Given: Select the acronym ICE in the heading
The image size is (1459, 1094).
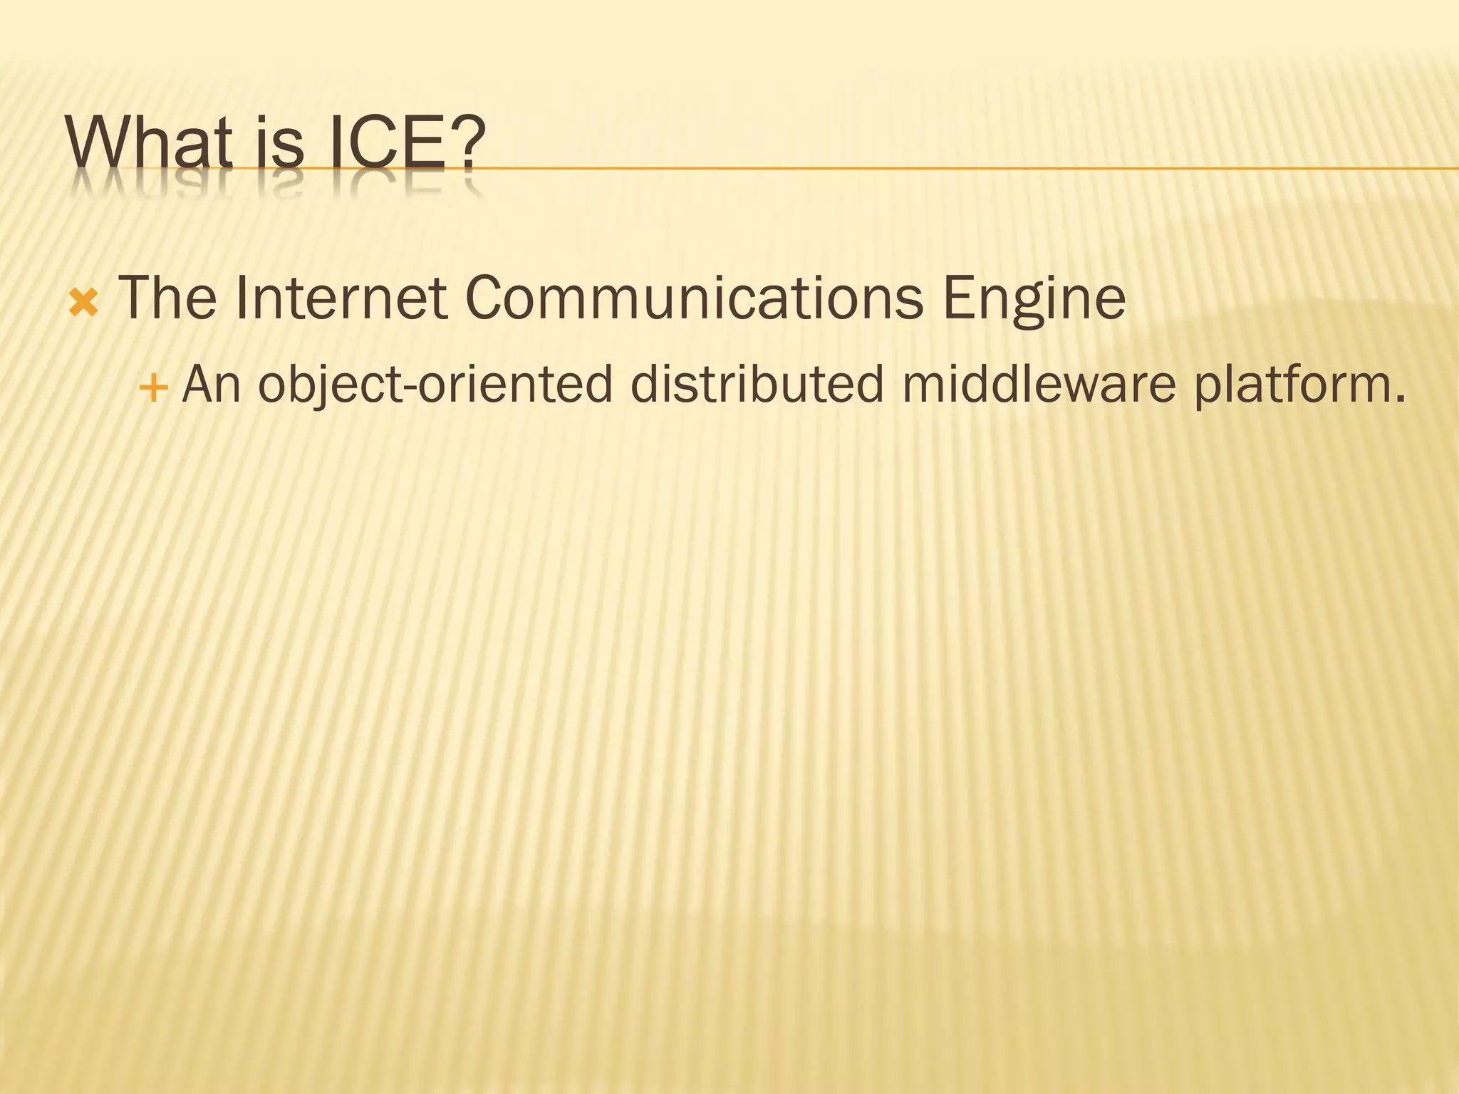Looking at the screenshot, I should click(x=388, y=142).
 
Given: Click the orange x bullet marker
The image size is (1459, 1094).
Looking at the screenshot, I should click(x=83, y=304).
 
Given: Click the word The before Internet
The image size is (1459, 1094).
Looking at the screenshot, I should click(x=167, y=298).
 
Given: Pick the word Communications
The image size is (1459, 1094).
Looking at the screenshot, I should click(x=694, y=298).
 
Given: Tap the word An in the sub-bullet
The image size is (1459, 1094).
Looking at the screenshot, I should click(x=212, y=385).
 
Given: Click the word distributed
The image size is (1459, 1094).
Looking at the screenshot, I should click(x=756, y=385).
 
